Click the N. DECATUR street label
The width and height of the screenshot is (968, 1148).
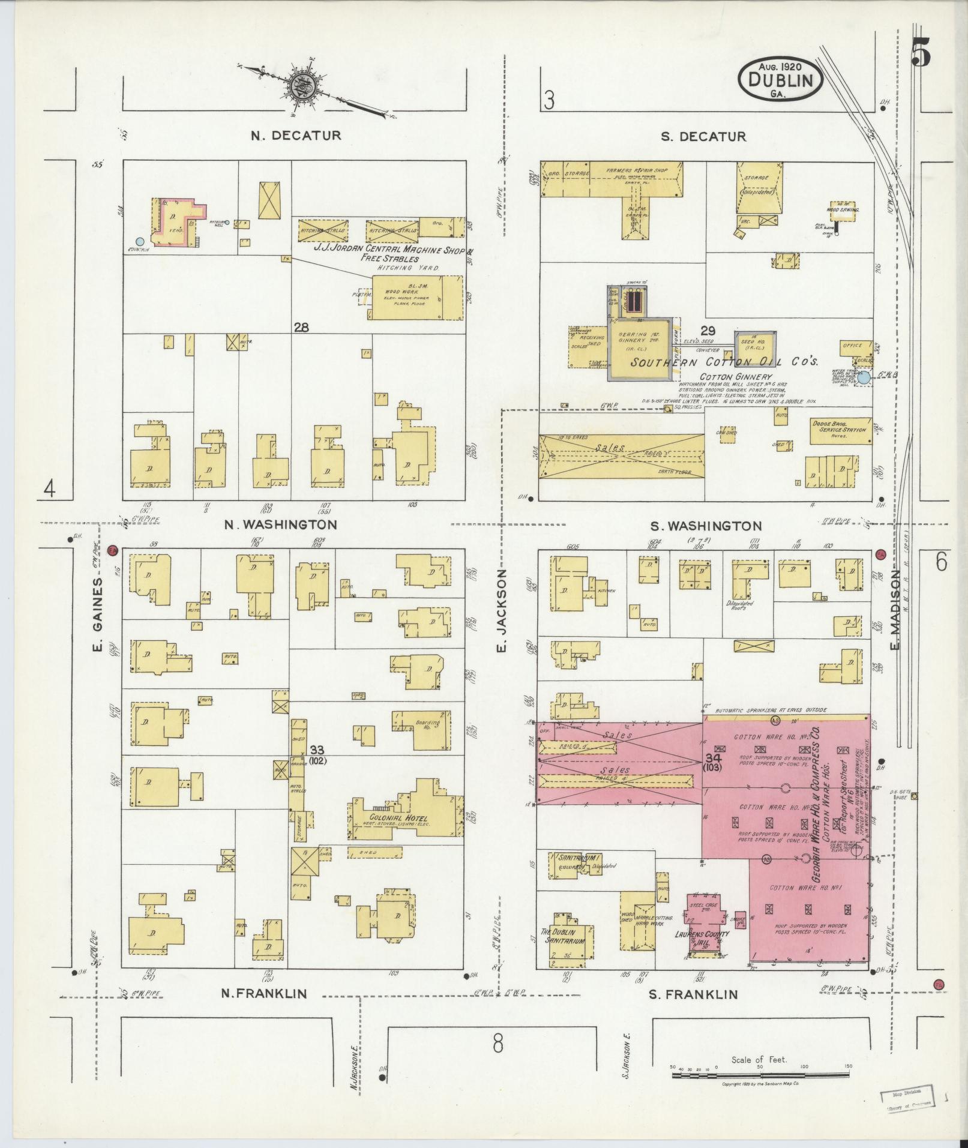[296, 136]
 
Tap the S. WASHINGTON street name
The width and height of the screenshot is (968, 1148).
[706, 526]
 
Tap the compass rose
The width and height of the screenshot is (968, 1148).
[300, 87]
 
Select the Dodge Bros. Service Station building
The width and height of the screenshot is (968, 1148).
[841, 431]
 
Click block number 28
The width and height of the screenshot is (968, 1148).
[301, 327]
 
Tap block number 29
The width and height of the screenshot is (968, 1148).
[708, 331]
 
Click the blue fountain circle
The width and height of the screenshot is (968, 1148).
[140, 241]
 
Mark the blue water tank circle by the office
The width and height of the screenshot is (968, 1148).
[863, 378]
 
